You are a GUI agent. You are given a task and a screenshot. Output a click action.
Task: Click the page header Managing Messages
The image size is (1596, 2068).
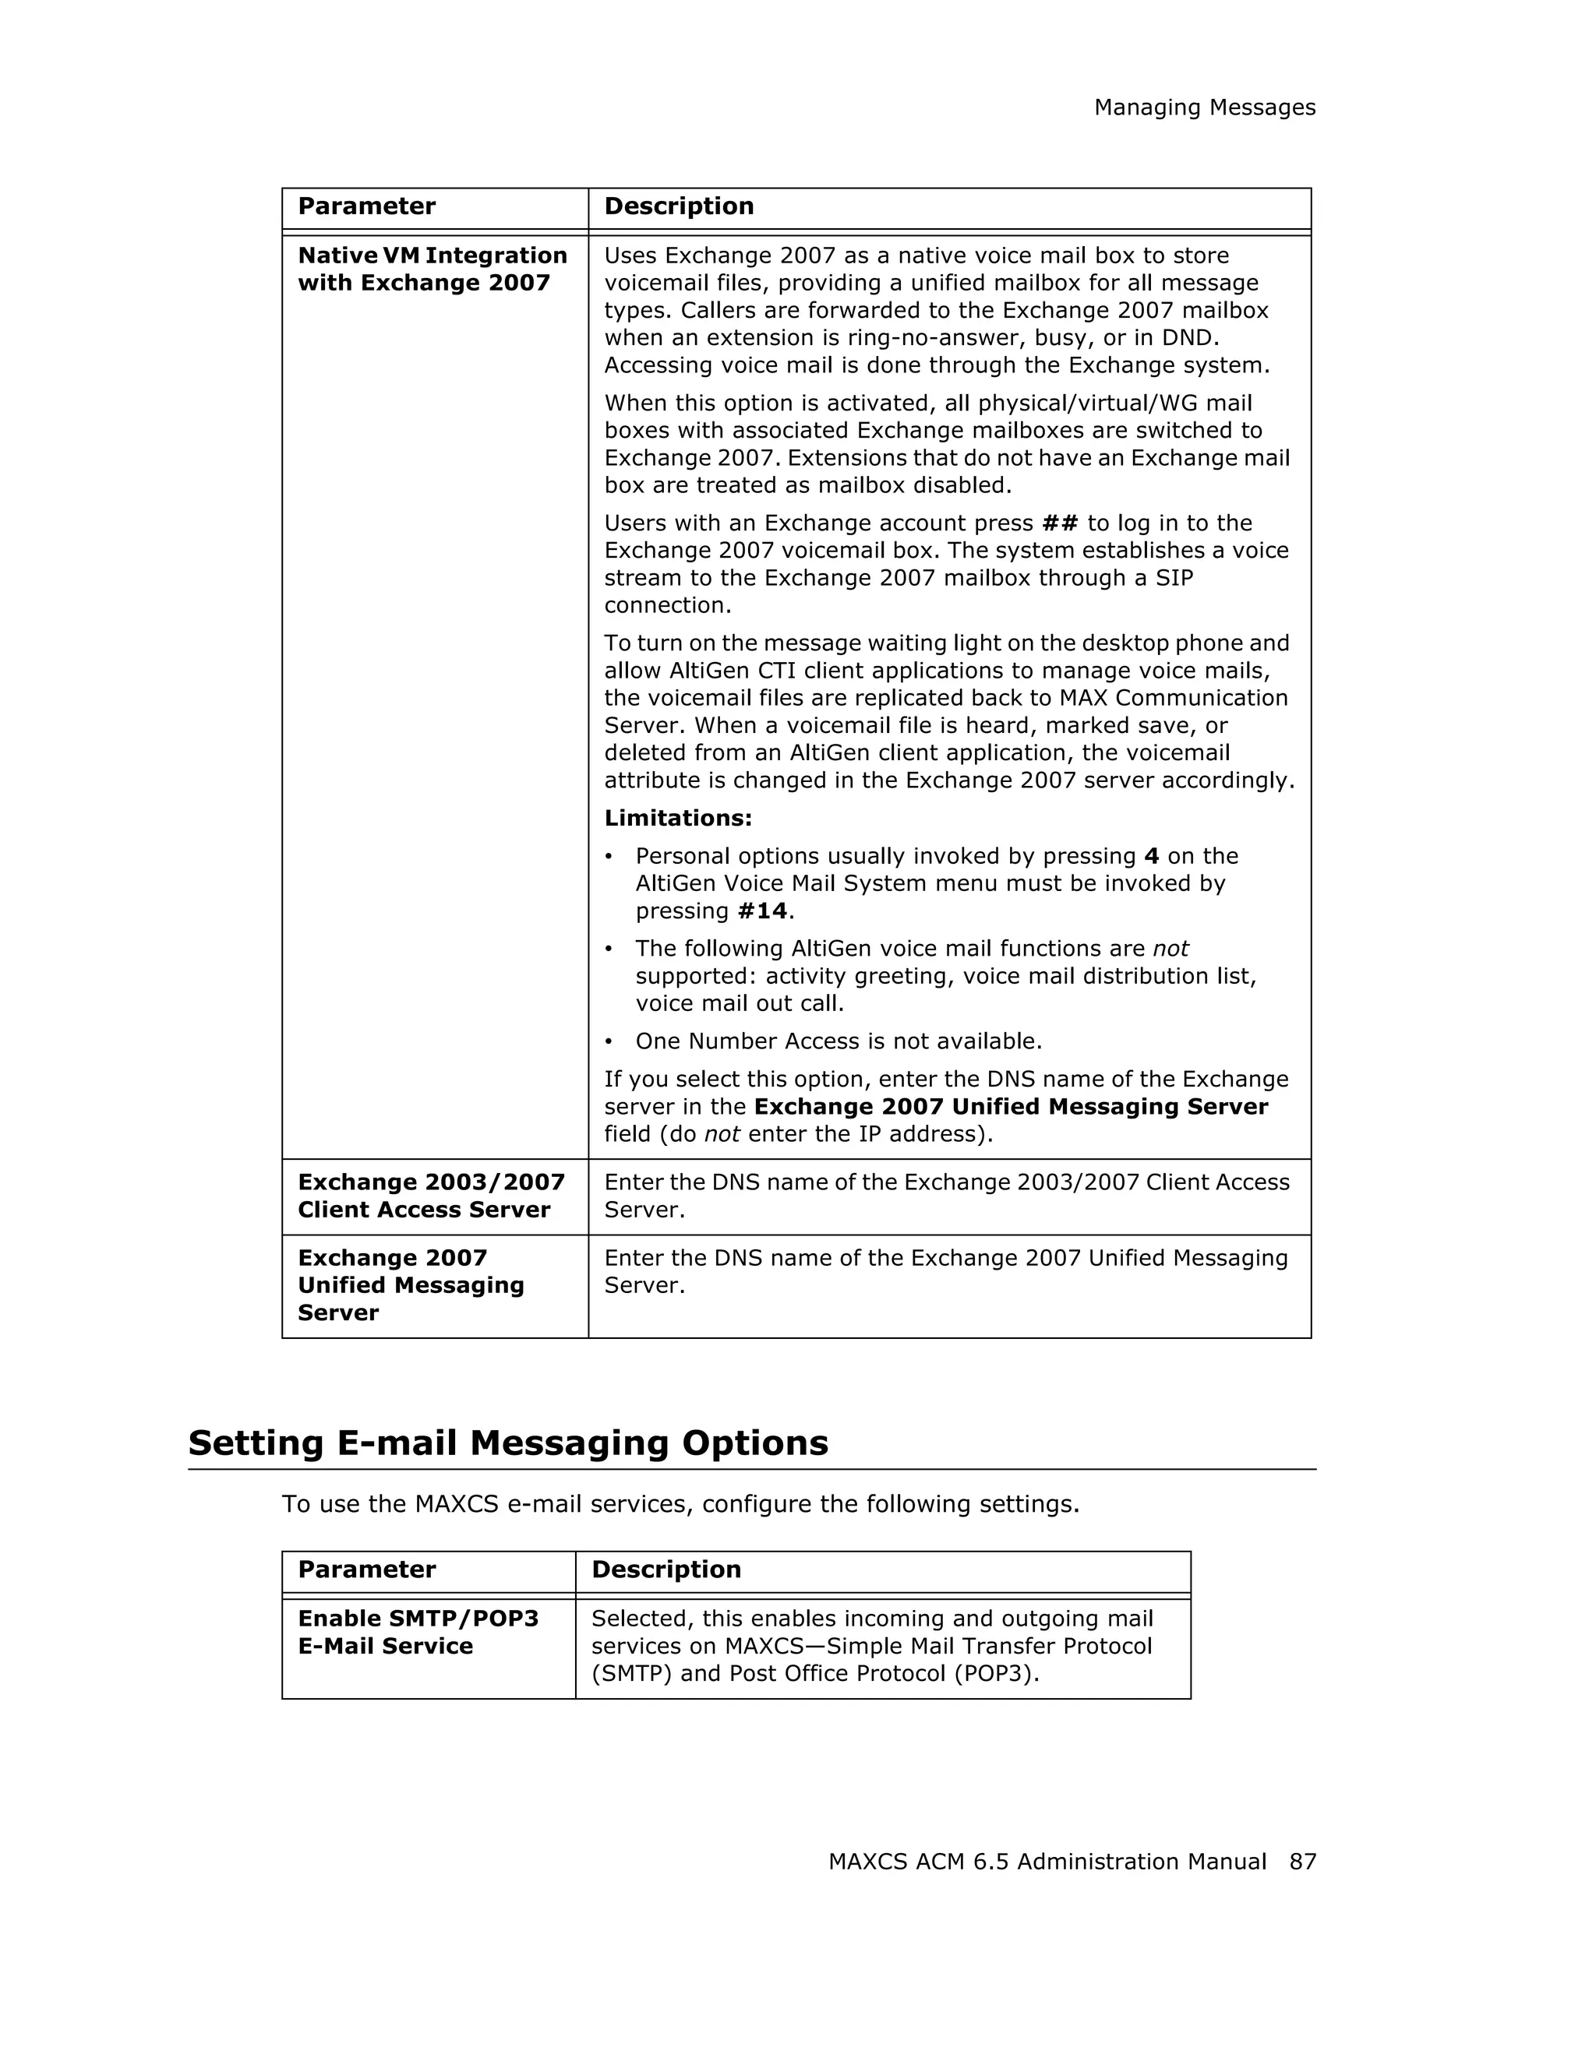coord(1204,108)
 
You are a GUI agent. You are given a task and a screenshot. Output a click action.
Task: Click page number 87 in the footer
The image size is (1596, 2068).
coord(1302,1861)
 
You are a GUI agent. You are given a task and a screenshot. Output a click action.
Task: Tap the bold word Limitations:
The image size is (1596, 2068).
coord(678,817)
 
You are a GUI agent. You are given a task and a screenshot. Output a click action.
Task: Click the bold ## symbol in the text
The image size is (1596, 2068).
coord(1059,523)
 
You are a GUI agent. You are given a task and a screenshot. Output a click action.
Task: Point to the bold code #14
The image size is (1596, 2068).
coord(762,910)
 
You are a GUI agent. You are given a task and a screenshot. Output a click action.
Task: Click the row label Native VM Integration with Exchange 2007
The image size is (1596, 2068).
coord(432,269)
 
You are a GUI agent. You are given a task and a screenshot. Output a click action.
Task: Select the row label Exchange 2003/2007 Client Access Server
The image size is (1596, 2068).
coord(431,1195)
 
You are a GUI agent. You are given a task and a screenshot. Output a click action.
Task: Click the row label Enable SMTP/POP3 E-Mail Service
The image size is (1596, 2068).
coord(418,1632)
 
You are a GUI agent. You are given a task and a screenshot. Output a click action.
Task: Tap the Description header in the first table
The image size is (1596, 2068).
coord(678,206)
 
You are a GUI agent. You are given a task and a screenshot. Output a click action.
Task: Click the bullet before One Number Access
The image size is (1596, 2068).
coord(610,1041)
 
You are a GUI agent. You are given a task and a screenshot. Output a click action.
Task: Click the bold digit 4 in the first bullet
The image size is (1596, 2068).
coord(1151,856)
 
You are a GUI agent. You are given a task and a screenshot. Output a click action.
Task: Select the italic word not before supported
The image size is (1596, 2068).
coord(1170,948)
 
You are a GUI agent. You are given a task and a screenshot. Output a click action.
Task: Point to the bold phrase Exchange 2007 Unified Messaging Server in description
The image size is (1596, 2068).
coord(1010,1106)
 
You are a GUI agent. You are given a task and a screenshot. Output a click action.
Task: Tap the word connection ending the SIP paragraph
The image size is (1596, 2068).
coord(667,605)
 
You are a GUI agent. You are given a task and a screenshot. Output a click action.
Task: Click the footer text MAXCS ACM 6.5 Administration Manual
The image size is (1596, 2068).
coord(1047,1861)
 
